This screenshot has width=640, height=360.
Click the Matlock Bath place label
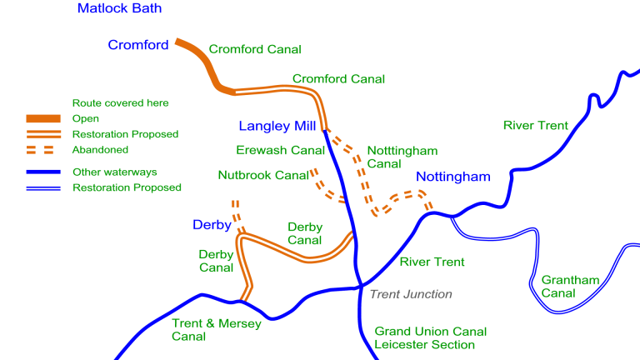click(x=119, y=9)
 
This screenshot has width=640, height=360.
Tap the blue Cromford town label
click(x=138, y=45)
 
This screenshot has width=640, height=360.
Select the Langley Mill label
click(x=277, y=127)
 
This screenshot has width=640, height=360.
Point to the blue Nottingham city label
click(x=453, y=177)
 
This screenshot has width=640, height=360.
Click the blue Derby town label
click(x=212, y=225)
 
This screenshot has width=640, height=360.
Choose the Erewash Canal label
click(x=280, y=151)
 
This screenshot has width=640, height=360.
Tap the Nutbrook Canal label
click(x=263, y=176)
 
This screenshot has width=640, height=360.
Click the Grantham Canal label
click(x=570, y=287)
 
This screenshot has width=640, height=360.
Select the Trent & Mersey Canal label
click(x=217, y=330)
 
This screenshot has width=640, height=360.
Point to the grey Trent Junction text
click(x=411, y=294)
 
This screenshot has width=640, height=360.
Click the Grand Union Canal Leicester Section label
click(x=430, y=338)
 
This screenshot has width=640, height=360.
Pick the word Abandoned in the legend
click(x=100, y=150)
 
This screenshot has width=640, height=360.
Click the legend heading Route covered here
click(x=121, y=103)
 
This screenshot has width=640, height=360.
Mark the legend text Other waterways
click(x=114, y=172)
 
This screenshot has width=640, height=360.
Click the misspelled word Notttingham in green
click(x=402, y=151)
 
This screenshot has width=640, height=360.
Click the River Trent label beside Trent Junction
click(x=432, y=262)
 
